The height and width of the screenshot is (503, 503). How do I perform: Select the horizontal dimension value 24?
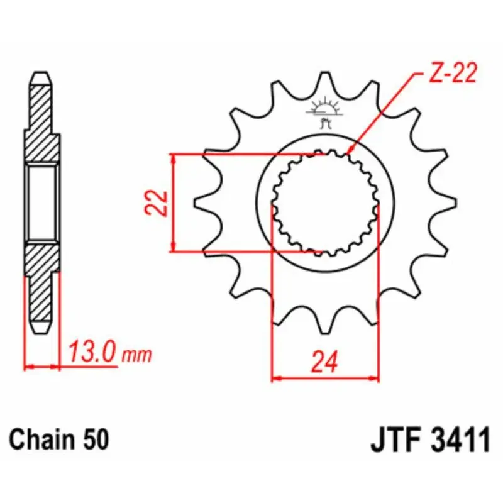(x=325, y=362)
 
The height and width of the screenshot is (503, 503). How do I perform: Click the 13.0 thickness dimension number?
(x=91, y=351)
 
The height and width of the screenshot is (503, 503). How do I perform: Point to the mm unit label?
(x=136, y=355)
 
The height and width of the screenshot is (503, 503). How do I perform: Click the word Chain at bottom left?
(x=36, y=439)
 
